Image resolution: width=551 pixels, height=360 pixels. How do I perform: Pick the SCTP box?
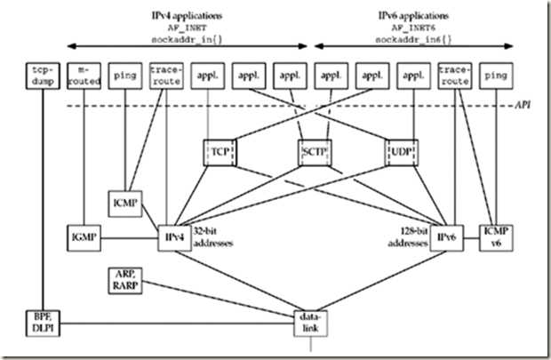[311, 152]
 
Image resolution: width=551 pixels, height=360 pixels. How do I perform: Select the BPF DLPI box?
[39, 321]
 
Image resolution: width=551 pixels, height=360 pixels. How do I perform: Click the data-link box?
[310, 321]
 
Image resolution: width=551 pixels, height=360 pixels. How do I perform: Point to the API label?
[527, 106]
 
